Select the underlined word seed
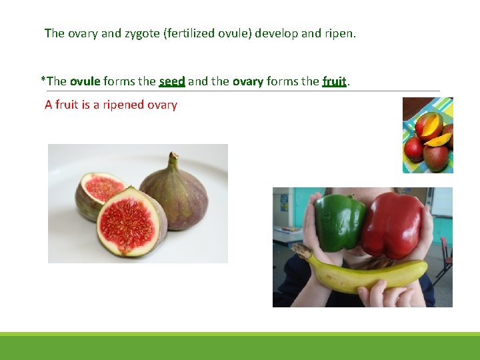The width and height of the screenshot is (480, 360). click(x=172, y=81)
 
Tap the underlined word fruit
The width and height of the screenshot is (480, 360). click(x=334, y=81)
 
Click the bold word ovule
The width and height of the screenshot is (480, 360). click(x=85, y=81)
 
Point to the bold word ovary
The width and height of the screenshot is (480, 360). click(x=247, y=81)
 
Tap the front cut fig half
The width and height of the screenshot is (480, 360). click(x=129, y=222)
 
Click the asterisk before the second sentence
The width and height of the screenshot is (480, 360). click(x=43, y=80)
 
